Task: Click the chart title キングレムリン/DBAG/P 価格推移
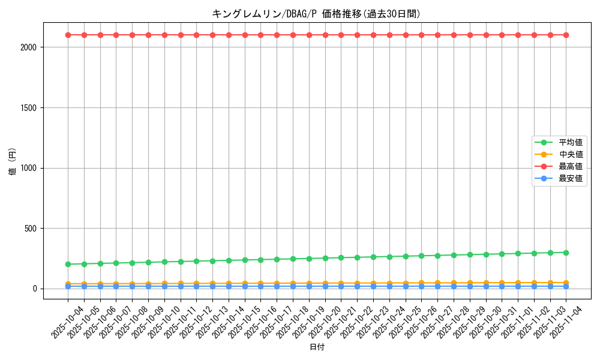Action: point(316,13)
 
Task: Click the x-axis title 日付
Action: point(317,347)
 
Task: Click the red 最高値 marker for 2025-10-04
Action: point(68,35)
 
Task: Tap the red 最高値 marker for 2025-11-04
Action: point(566,35)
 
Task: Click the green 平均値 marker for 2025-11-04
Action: point(566,253)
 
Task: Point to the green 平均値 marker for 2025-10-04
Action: point(68,264)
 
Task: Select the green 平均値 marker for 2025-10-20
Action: point(325,258)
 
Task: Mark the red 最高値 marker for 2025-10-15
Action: point(245,35)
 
